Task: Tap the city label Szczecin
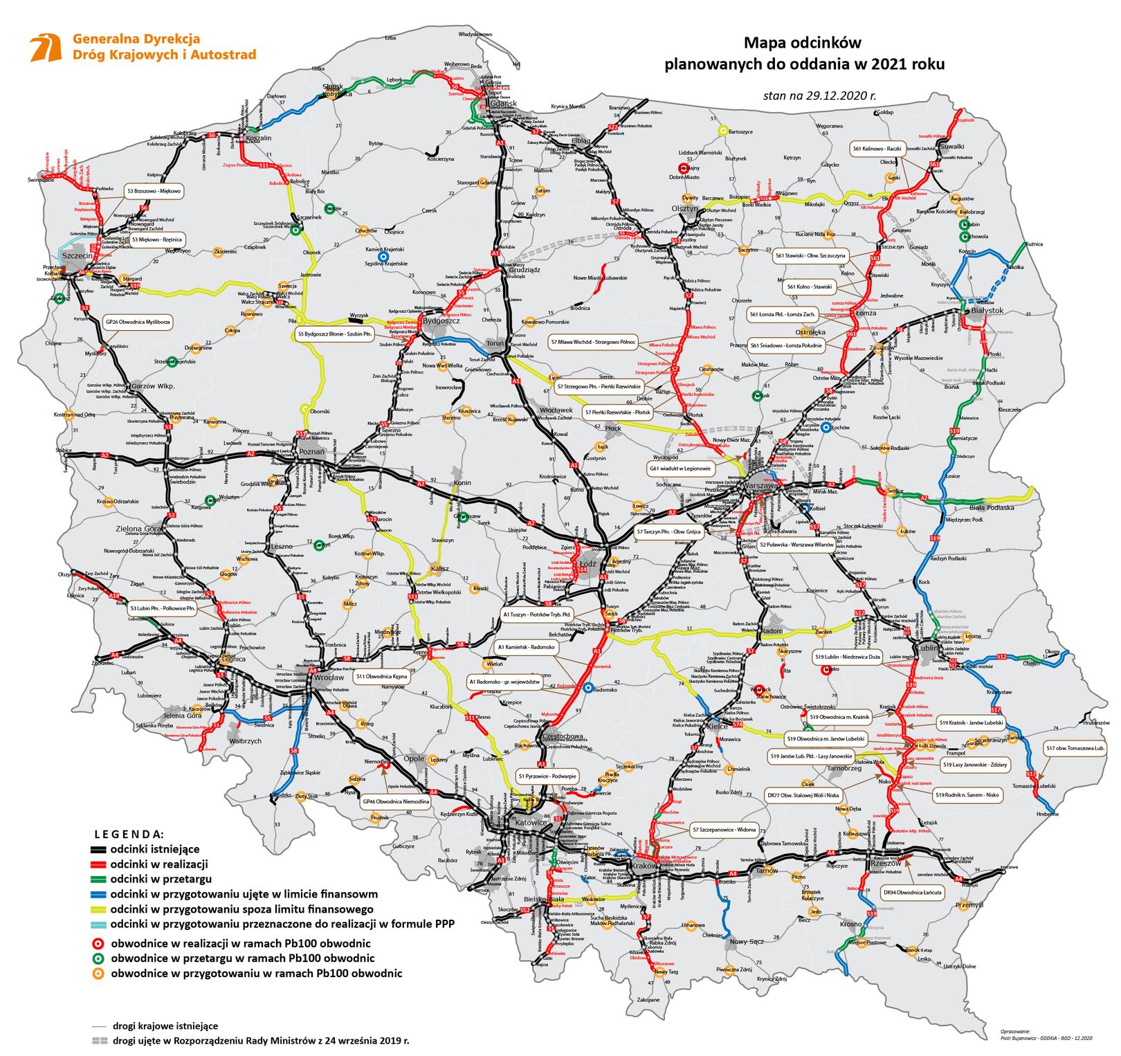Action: click(x=77, y=256)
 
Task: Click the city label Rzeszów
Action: click(x=886, y=864)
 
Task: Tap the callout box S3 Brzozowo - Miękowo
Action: click(x=153, y=191)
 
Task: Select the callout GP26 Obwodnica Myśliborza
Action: click(x=138, y=322)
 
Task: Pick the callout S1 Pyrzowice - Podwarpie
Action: click(x=548, y=776)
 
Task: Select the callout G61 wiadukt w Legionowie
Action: click(x=680, y=468)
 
